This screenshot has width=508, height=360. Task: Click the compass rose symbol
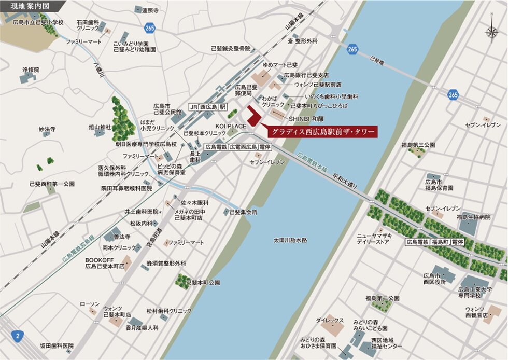click(491, 31)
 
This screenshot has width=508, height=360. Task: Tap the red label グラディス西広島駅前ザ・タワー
click(322, 132)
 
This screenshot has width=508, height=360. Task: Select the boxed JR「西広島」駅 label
click(208, 106)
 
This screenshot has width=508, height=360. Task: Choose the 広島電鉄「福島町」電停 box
click(435, 242)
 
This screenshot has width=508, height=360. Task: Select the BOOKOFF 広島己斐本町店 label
click(105, 262)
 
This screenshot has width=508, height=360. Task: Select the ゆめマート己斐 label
click(280, 65)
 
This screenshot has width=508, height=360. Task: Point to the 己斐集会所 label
click(243, 212)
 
